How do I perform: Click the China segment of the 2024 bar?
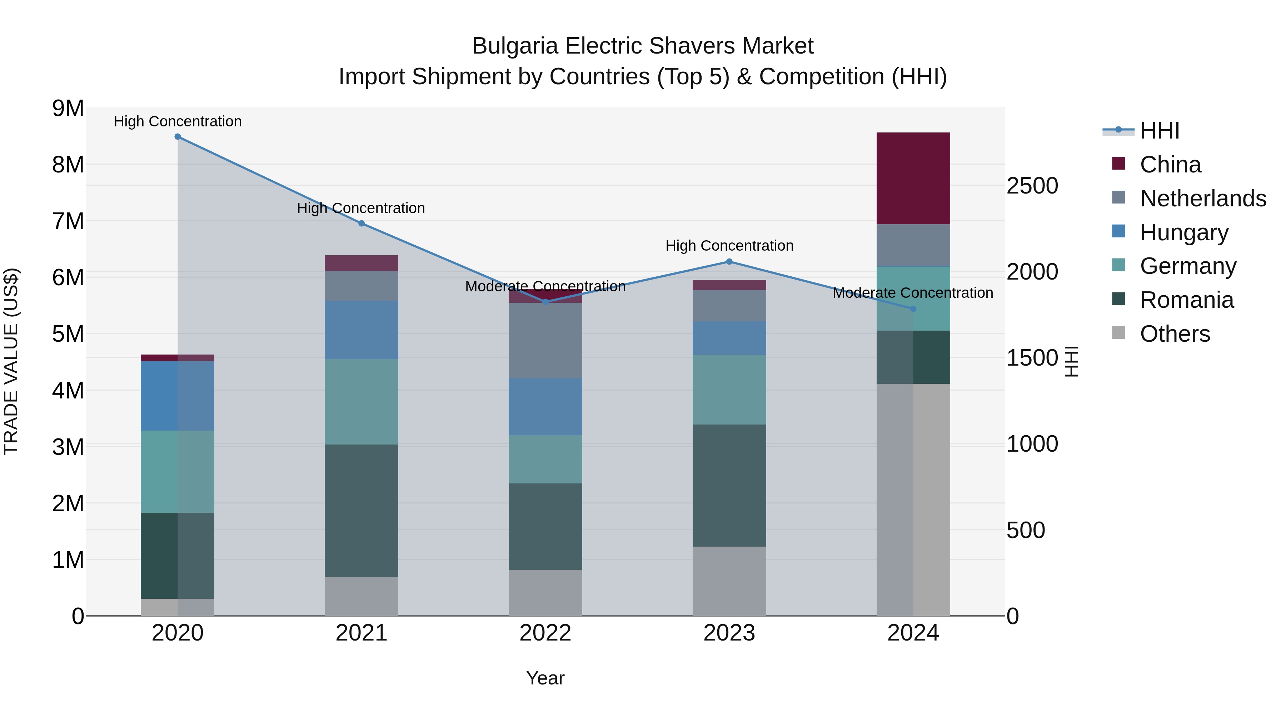tap(913, 178)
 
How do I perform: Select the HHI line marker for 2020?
tap(178, 137)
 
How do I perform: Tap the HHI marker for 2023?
tap(729, 261)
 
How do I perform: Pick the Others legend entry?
tap(1174, 334)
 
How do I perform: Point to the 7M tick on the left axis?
tap(68, 221)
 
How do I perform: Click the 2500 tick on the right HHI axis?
tap(1032, 186)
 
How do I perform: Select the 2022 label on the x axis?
tap(545, 633)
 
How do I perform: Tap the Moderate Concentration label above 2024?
tap(913, 293)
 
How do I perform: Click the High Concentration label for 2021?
tap(361, 208)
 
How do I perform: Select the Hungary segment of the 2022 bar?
tap(545, 406)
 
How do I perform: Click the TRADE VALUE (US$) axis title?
tap(11, 361)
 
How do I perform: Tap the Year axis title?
tap(545, 678)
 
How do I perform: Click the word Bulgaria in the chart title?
tap(515, 46)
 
